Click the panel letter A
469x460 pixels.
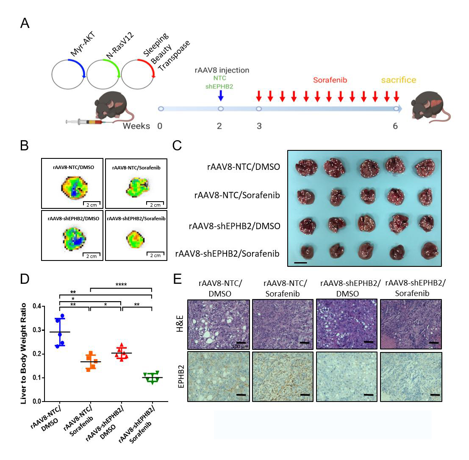25,23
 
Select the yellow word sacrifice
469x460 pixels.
398,80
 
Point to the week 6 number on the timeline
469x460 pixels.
395,126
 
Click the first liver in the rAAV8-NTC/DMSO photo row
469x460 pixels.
303,168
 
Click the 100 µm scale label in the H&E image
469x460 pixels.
240,346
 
